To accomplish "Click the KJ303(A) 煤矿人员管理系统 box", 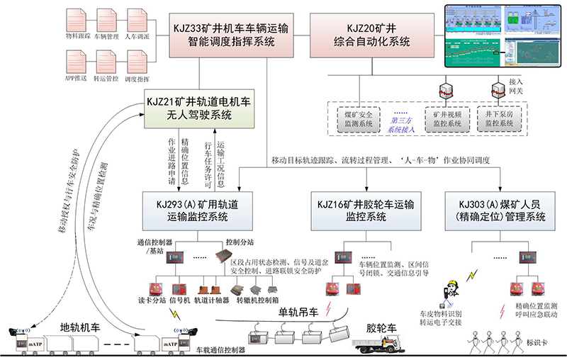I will (x=501, y=210).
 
